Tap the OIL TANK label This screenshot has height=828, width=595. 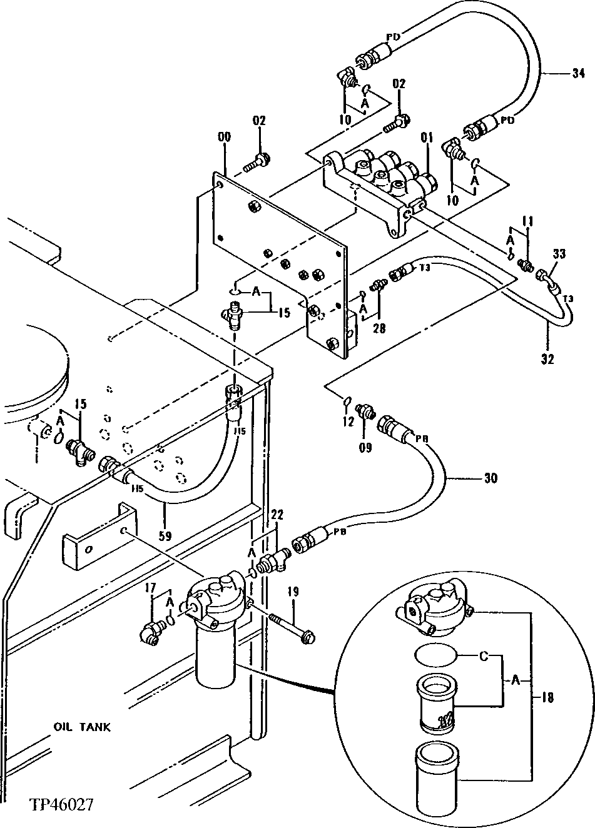[x=82, y=727]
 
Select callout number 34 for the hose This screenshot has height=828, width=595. [x=576, y=74]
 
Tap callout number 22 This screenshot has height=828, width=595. [x=277, y=514]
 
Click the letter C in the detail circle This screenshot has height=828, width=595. [x=482, y=657]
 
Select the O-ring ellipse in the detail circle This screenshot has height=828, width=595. [x=435, y=657]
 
